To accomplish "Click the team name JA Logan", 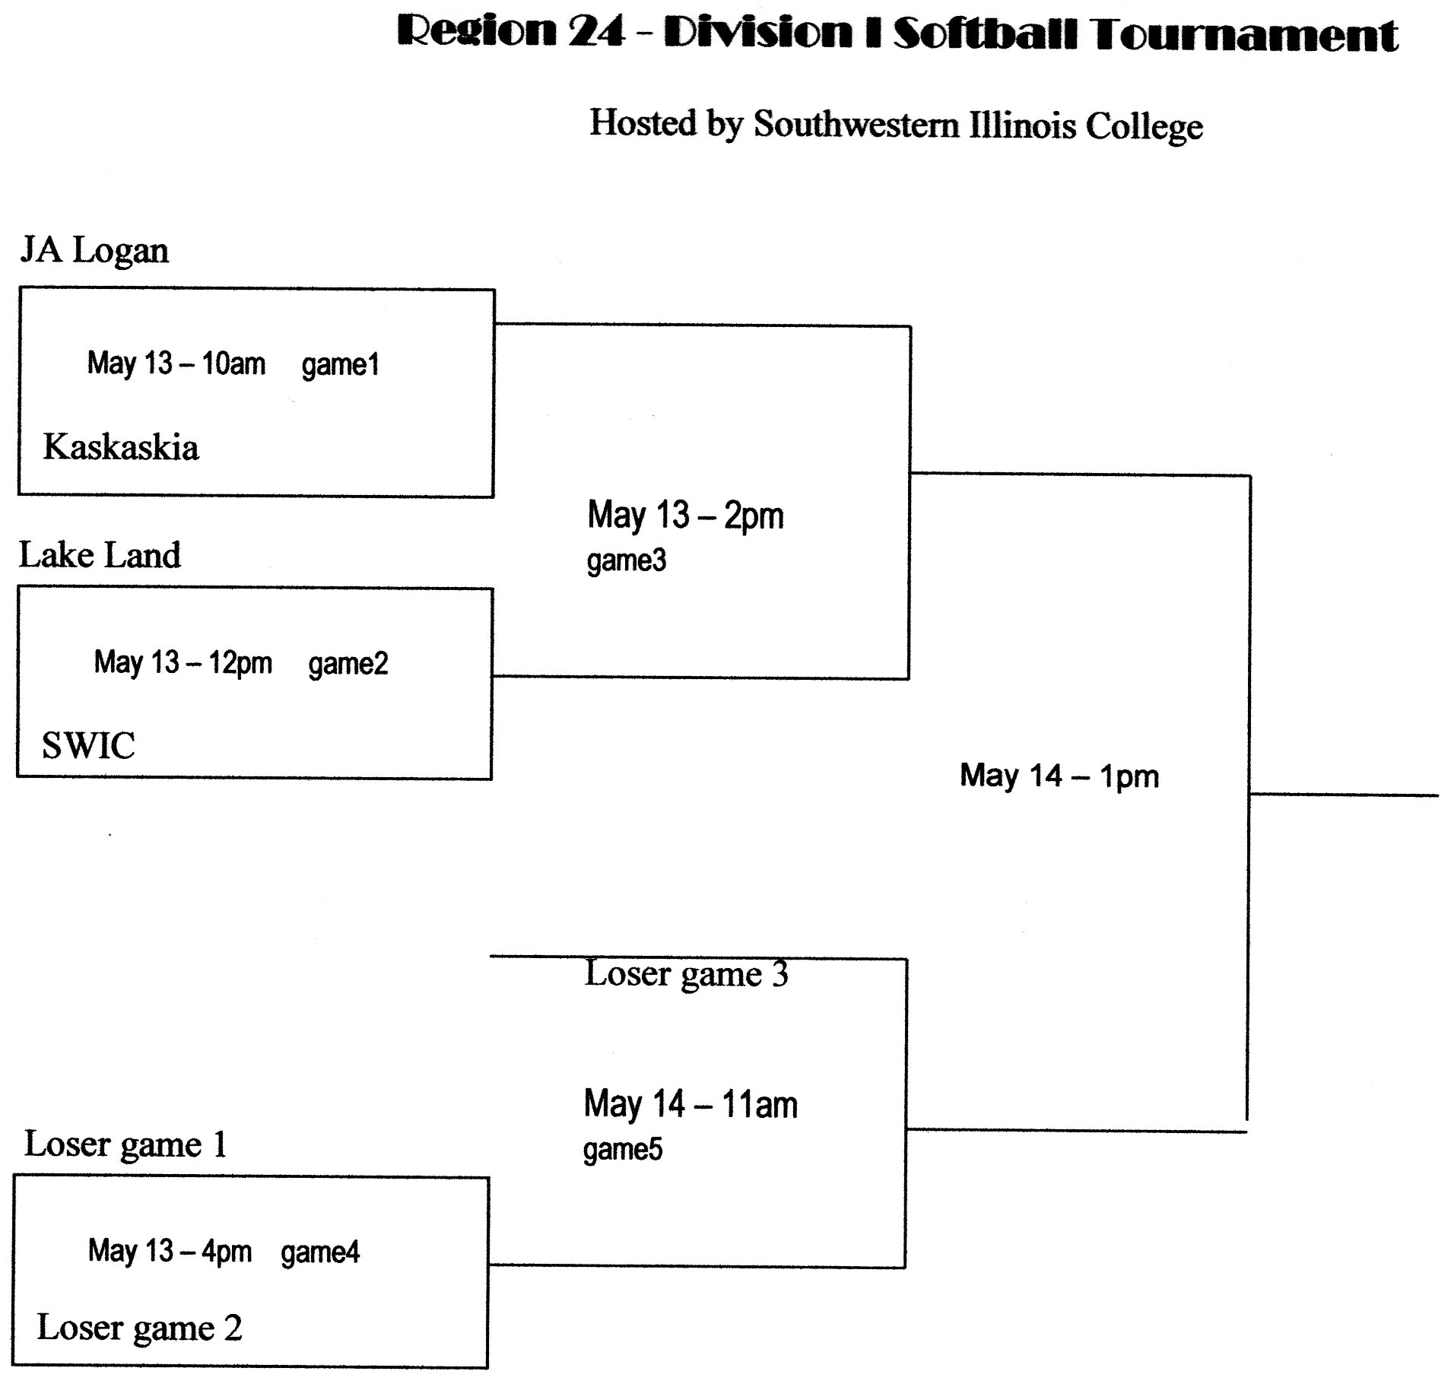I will [94, 251].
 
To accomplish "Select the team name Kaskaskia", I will [120, 447].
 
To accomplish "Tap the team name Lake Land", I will [100, 555].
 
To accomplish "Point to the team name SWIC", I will [88, 745].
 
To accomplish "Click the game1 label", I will [340, 365].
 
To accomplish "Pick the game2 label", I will [348, 664].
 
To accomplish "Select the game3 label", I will [626, 561].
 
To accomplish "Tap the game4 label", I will [319, 1252].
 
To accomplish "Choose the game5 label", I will [622, 1150].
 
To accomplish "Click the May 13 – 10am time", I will [176, 363].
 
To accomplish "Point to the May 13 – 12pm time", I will [183, 662].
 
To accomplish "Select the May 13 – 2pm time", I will [685, 516].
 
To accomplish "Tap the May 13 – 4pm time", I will [169, 1251].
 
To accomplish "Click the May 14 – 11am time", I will [690, 1105].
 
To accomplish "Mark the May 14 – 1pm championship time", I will [1059, 776].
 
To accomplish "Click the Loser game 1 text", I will [125, 1144].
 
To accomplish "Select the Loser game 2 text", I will [139, 1328].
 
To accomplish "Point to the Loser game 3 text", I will [686, 974].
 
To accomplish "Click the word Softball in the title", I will [984, 33].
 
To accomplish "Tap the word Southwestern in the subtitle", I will [856, 125].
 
